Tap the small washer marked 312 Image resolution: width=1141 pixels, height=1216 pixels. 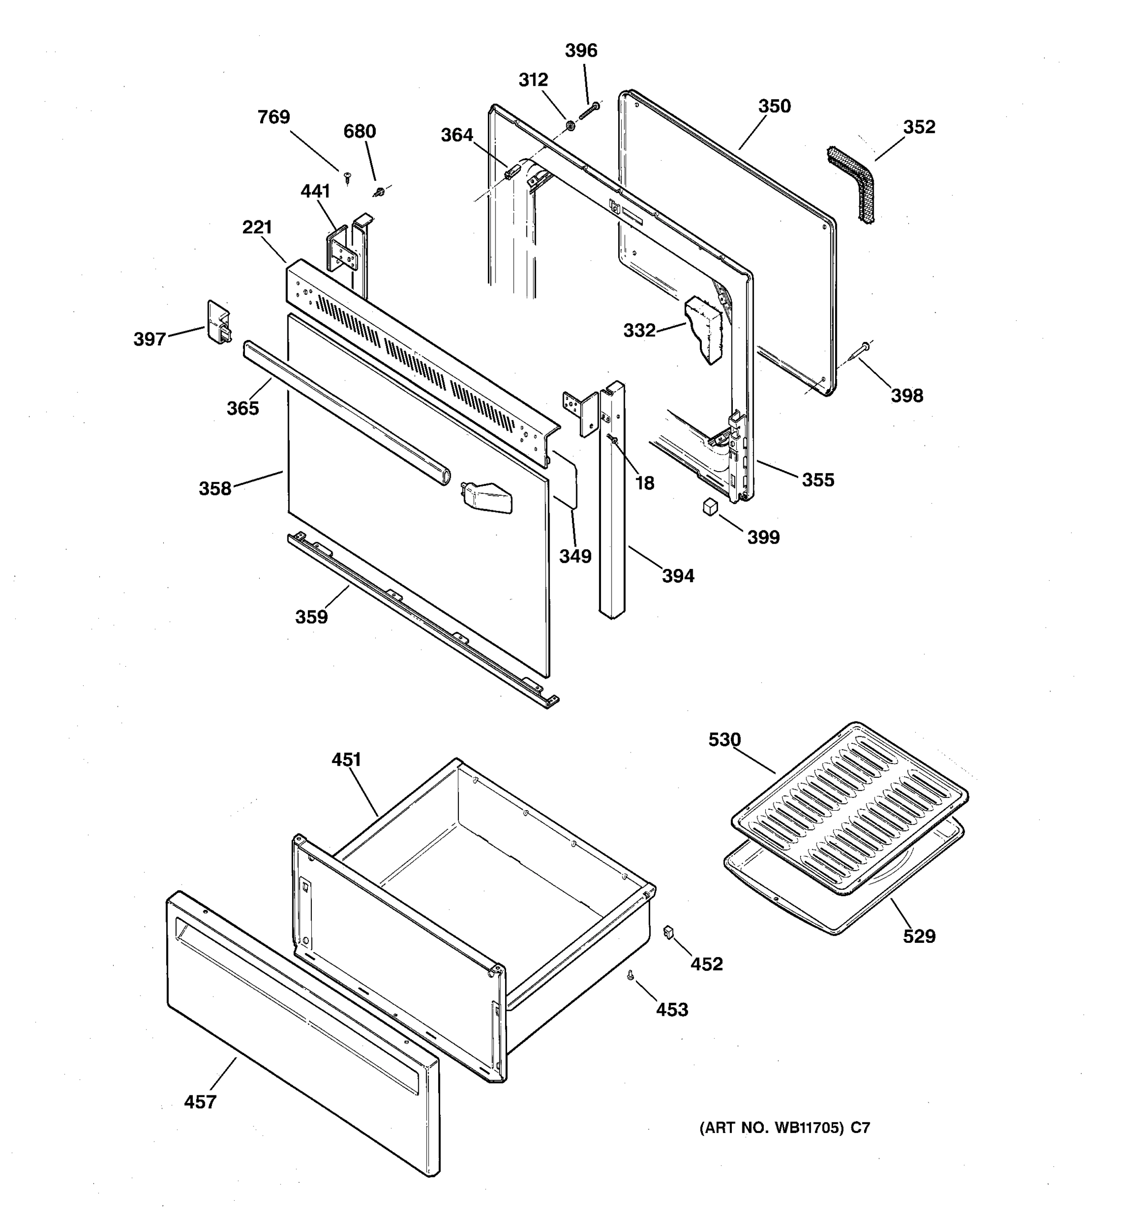pyautogui.click(x=569, y=125)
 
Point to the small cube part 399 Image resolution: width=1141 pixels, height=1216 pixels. pyautogui.click(x=709, y=507)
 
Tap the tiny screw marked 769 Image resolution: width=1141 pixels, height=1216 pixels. pyautogui.click(x=348, y=178)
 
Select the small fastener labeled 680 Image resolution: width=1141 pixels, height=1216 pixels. pyautogui.click(x=379, y=192)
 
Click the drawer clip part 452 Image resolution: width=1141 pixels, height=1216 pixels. pyautogui.click(x=668, y=932)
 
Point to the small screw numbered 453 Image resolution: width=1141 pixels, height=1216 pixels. pyautogui.click(x=630, y=977)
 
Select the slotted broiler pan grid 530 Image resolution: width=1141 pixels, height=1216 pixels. pyautogui.click(x=851, y=808)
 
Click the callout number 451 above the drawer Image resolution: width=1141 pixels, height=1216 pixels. pyautogui.click(x=346, y=759)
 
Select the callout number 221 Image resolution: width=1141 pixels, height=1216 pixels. pyautogui.click(x=257, y=227)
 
